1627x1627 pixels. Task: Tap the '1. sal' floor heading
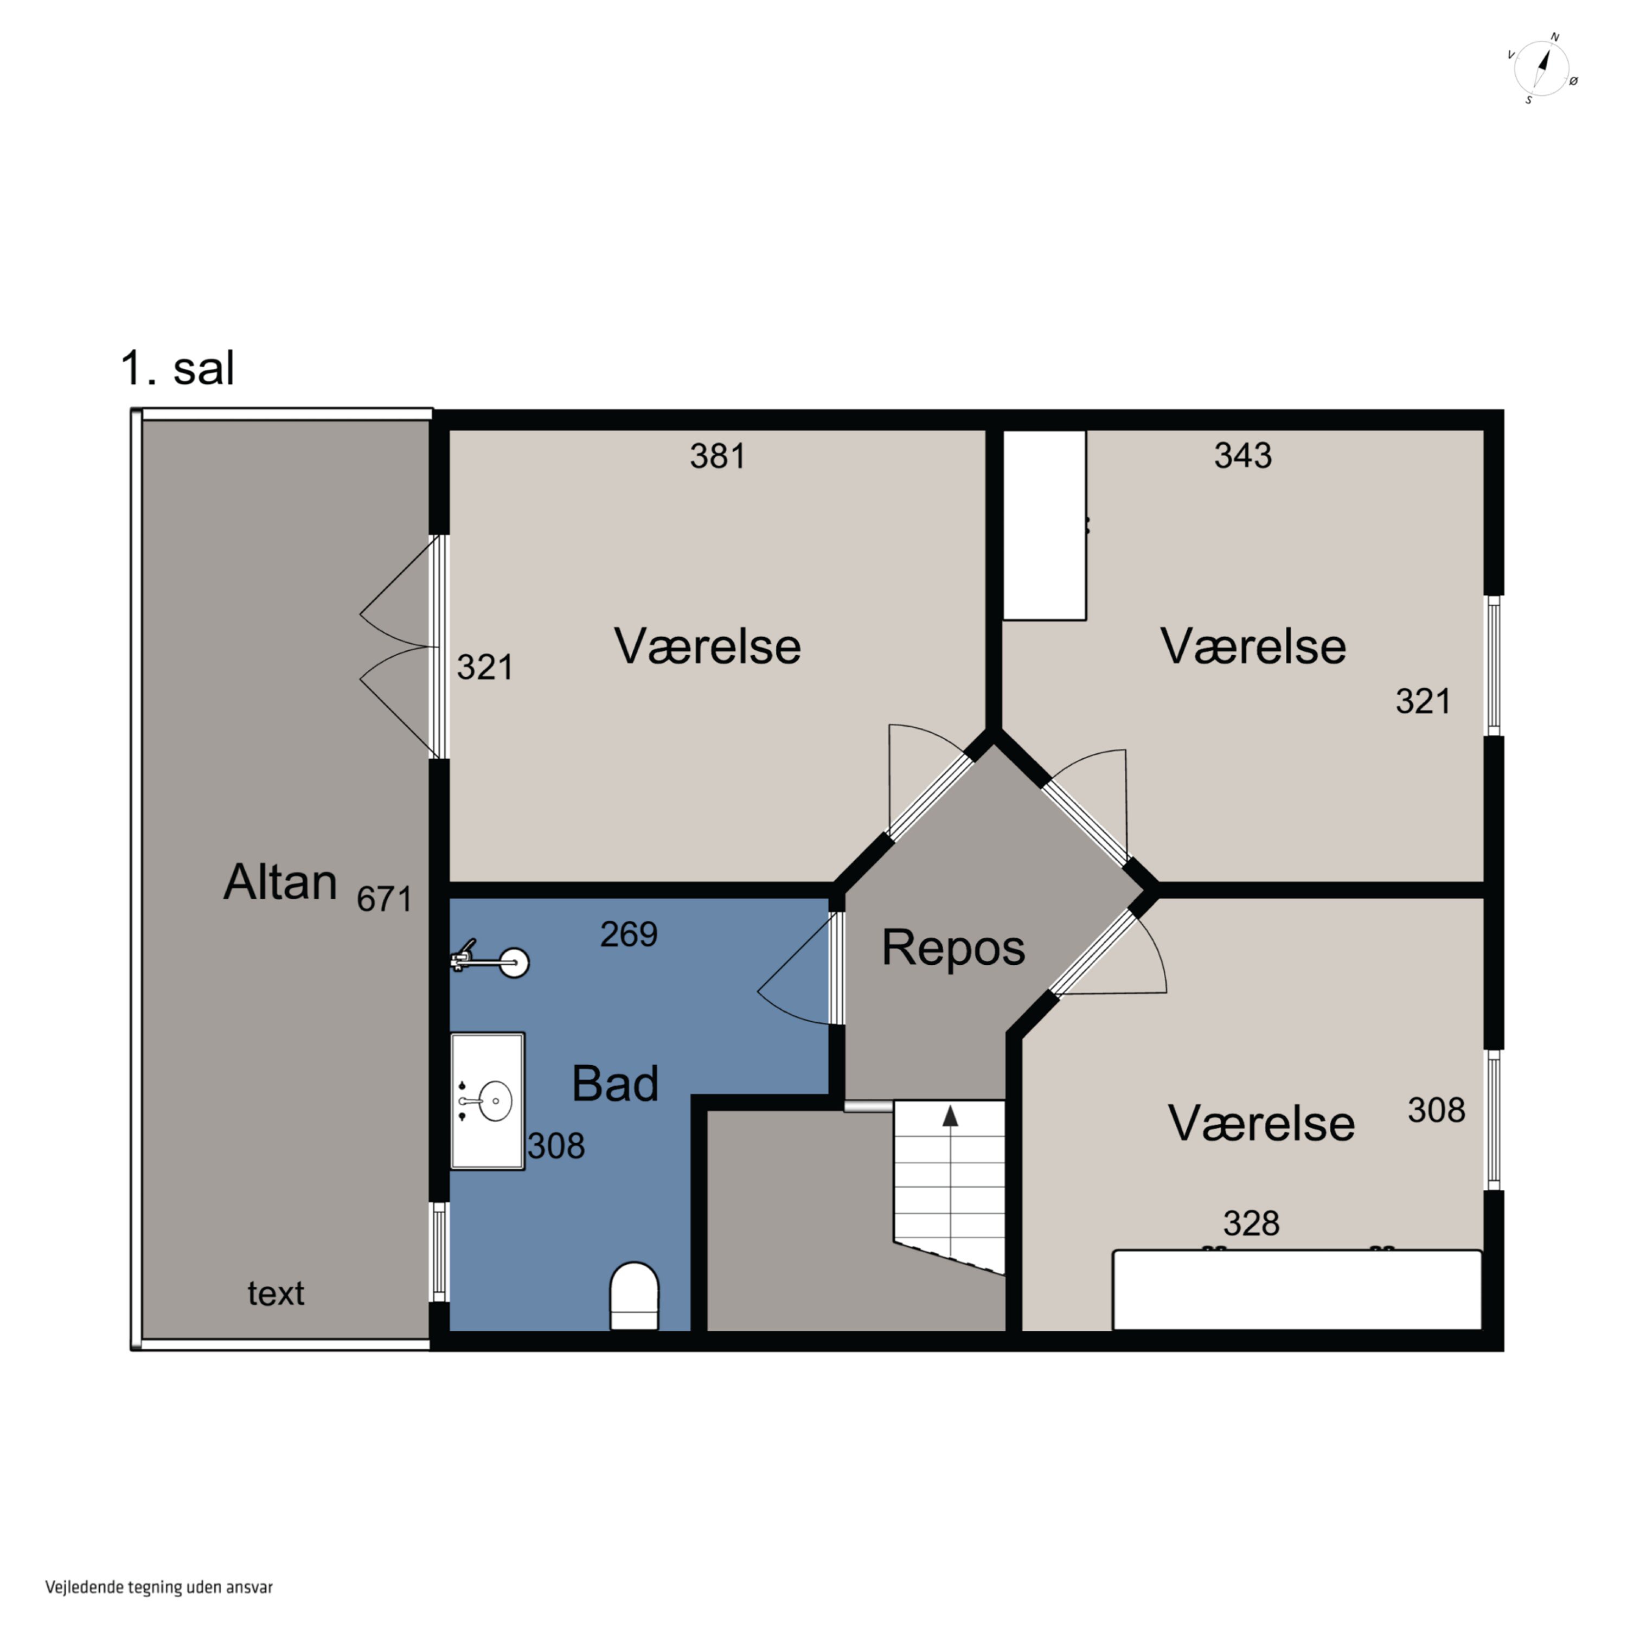[x=178, y=369]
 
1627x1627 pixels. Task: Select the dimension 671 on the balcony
[x=384, y=899]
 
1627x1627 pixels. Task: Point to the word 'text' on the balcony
[x=276, y=1293]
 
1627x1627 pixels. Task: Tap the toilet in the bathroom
[x=634, y=1296]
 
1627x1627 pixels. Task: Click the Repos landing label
[x=953, y=948]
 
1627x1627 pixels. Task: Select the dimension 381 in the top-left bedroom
[x=718, y=457]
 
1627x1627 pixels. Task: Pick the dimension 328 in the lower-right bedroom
[x=1251, y=1224]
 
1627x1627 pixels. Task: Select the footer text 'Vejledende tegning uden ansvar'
[x=159, y=1587]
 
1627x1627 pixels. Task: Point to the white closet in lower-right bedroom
[x=1297, y=1290]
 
